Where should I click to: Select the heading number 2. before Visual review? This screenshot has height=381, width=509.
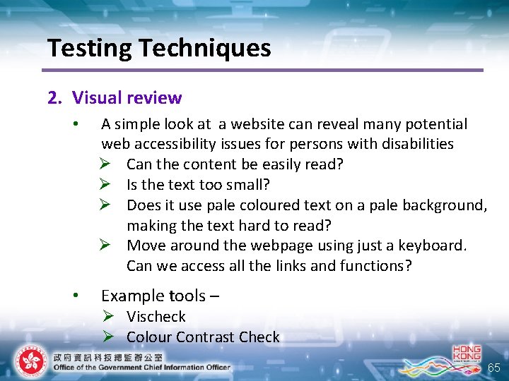(55, 98)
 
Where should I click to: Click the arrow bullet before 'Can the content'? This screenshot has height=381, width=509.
(107, 164)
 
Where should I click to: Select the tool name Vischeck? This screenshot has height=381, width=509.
(156, 317)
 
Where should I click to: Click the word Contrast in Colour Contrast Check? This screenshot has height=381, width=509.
(206, 337)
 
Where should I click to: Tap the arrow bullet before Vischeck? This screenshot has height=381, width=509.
(107, 317)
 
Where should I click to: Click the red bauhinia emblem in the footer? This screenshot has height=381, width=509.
(30, 362)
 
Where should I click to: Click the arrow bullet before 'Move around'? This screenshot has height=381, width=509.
(107, 246)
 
